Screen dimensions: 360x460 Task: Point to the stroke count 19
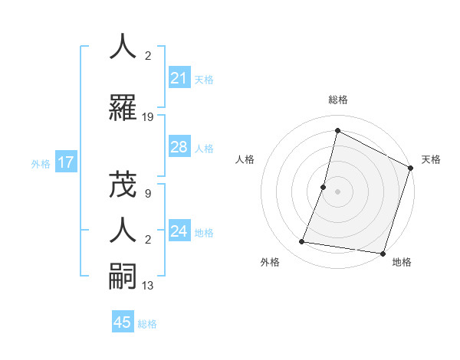pyautogui.click(x=148, y=117)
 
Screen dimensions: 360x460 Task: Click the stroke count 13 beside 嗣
pyautogui.click(x=148, y=286)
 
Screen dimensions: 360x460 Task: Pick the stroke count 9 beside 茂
pyautogui.click(x=148, y=195)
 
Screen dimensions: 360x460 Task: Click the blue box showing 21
pyautogui.click(x=179, y=78)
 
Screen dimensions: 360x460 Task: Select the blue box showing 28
pyautogui.click(x=179, y=148)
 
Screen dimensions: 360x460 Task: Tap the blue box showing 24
pyautogui.click(x=179, y=232)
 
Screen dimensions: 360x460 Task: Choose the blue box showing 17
pyautogui.click(x=65, y=162)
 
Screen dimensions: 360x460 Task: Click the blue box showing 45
pyautogui.click(x=123, y=322)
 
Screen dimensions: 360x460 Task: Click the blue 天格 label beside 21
pyautogui.click(x=204, y=79)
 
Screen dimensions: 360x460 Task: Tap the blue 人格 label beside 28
pyautogui.click(x=204, y=149)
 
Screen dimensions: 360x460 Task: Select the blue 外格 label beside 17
pyautogui.click(x=41, y=163)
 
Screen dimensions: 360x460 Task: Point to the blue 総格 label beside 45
pyautogui.click(x=147, y=323)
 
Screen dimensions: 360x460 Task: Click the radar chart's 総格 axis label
pyautogui.click(x=337, y=100)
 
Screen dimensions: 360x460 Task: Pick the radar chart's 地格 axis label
pyautogui.click(x=402, y=263)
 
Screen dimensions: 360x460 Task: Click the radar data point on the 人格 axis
pyautogui.click(x=324, y=187)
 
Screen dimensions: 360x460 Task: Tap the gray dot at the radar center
pyautogui.click(x=337, y=191)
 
